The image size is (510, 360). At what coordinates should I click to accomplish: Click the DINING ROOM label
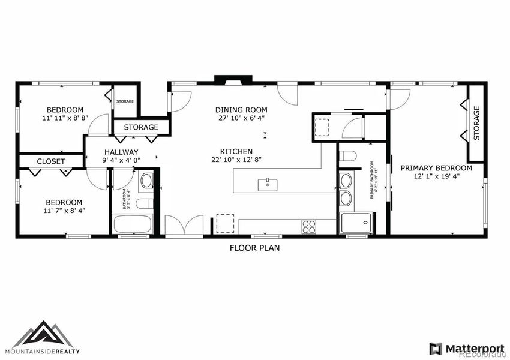pos(241,110)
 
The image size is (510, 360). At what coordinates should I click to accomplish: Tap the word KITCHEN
pos(236,151)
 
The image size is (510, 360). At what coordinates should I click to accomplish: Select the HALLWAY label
pos(121,152)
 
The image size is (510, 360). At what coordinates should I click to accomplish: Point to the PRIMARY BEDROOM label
pos(436,168)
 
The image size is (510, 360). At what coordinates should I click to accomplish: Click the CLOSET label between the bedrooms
pos(51,161)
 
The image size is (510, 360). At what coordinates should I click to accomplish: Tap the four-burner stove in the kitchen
pos(309,226)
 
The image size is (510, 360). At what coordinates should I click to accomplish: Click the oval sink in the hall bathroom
pos(146,180)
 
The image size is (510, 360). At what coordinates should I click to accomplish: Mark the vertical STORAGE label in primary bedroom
pos(477,123)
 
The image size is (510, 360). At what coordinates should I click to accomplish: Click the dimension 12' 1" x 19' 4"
pos(436,176)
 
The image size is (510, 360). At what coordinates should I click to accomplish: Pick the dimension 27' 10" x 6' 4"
pos(241,118)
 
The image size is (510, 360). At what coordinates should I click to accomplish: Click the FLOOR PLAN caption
pos(254,247)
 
